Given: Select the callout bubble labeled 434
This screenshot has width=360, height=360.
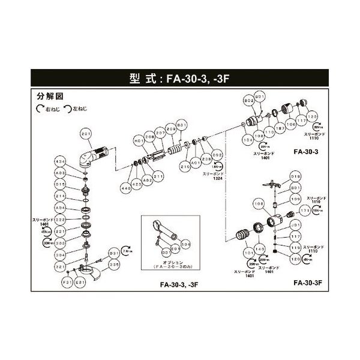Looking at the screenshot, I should [77, 162].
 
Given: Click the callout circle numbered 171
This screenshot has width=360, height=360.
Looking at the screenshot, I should [305, 211].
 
